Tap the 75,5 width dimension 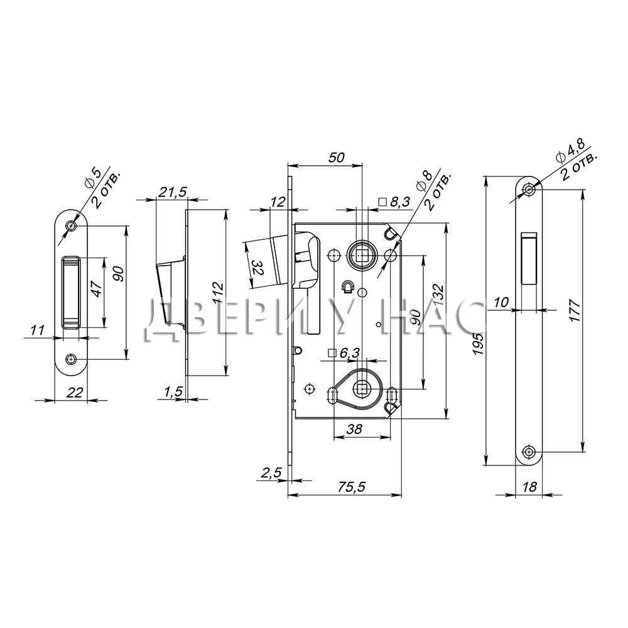pos(352,487)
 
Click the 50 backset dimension pos(337,158)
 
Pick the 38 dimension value pos(354,429)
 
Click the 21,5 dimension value pos(172,192)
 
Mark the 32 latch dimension pos(257,266)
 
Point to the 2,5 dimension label pos(271,473)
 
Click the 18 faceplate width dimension pos(529,487)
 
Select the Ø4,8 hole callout pos(571,150)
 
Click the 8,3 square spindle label pos(395,202)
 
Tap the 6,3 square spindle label pos(344,353)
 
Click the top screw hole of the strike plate pos(72,226)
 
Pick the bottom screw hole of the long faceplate pos(529,452)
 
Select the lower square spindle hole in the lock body pos(362,388)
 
